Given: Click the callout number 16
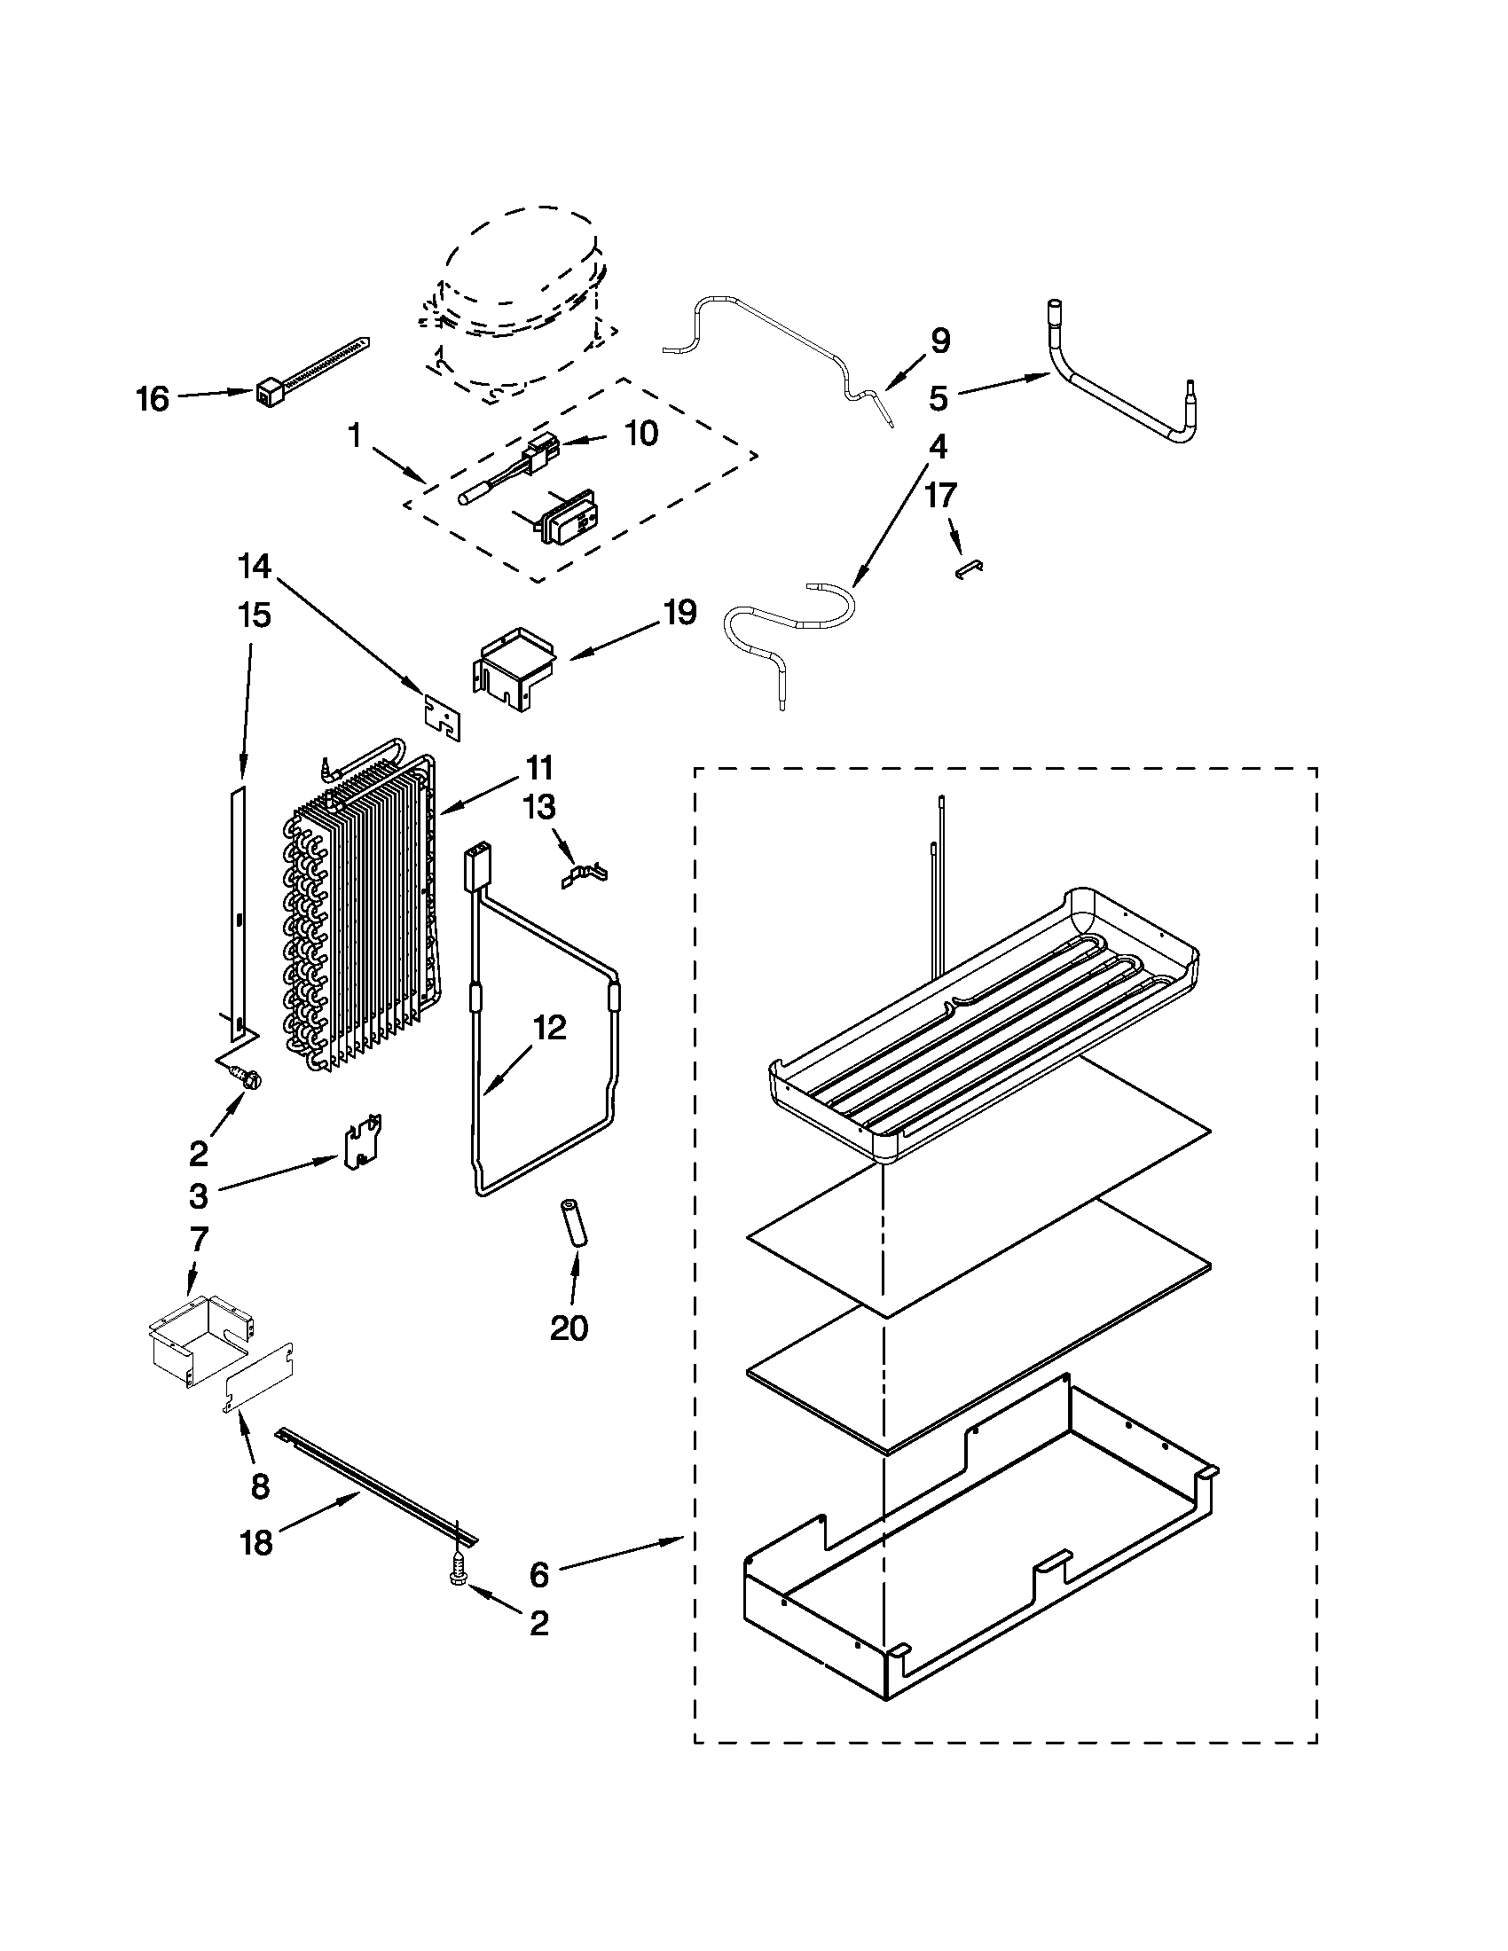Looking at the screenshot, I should pyautogui.click(x=153, y=398).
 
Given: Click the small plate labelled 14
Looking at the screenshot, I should pyautogui.click(x=444, y=717).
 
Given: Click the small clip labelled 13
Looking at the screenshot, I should pyautogui.click(x=585, y=874).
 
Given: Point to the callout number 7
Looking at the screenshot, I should pyautogui.click(x=199, y=1239).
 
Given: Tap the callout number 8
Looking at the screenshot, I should pyautogui.click(x=259, y=1486).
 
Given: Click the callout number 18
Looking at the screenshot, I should pyautogui.click(x=256, y=1543).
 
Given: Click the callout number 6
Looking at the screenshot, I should pyautogui.click(x=538, y=1575).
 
